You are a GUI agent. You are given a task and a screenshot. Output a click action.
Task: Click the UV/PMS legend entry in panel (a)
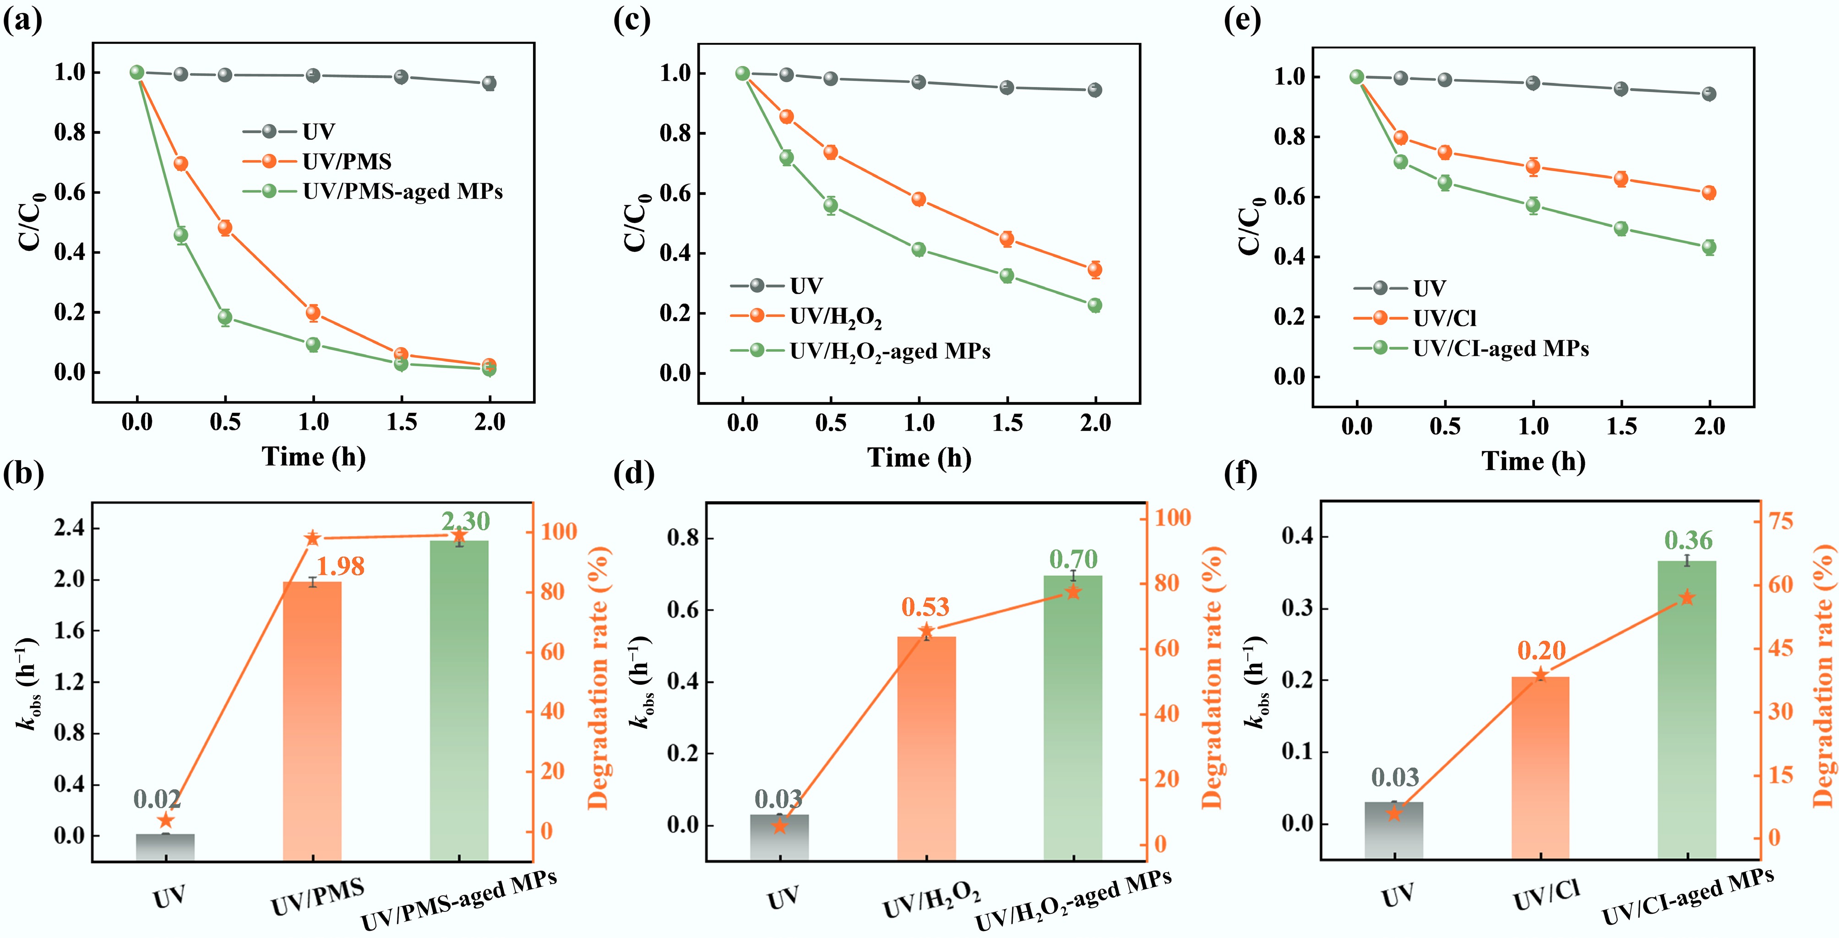[x=318, y=161]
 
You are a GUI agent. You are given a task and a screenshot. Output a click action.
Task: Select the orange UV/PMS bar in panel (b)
[x=312, y=721]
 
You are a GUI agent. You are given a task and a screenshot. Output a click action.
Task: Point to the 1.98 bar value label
[x=341, y=566]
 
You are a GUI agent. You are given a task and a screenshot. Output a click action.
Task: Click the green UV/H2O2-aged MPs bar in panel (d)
[x=1073, y=717]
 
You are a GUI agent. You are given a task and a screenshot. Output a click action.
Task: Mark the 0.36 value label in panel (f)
[x=1688, y=540]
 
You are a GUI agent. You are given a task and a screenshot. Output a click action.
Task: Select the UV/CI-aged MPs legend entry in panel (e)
[x=1471, y=348]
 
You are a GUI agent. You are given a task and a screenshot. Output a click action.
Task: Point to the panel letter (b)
[x=23, y=473]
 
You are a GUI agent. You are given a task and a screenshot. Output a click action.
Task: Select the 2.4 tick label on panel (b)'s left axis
[x=69, y=528]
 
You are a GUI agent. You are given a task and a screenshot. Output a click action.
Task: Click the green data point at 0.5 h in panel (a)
[x=225, y=317]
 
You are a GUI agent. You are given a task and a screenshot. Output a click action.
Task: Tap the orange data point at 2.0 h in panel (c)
[x=1094, y=270]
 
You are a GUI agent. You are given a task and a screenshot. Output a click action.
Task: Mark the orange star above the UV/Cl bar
[x=1540, y=675]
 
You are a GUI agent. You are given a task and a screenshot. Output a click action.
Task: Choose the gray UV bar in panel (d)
[x=779, y=837]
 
